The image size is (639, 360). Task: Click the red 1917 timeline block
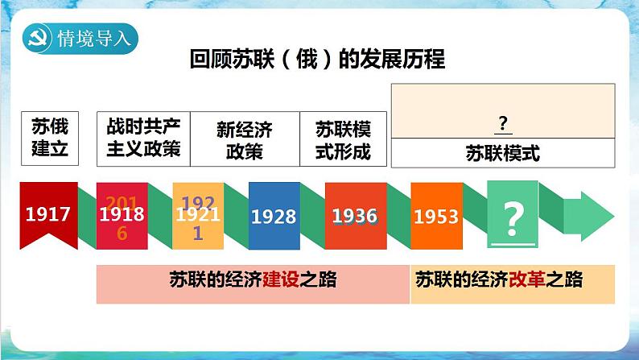(x=47, y=214)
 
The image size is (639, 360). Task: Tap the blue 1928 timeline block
(x=273, y=216)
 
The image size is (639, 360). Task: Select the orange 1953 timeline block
(x=435, y=216)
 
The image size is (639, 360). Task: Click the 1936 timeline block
(x=354, y=216)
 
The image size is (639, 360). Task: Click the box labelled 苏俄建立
(x=50, y=138)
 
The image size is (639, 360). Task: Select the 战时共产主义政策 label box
(x=142, y=138)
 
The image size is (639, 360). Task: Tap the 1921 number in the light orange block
(x=196, y=216)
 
